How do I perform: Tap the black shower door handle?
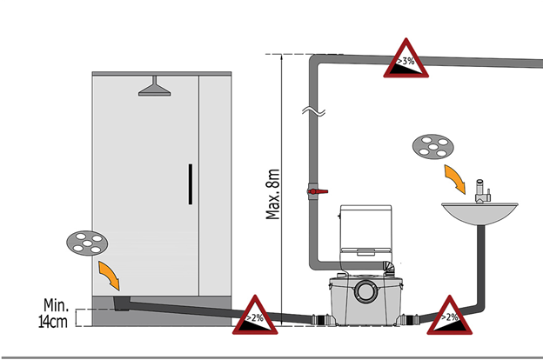[x=190, y=183]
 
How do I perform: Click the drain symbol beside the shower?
[x=86, y=243]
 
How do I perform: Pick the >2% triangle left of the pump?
[x=256, y=316]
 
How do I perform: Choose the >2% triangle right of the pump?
[x=449, y=316]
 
